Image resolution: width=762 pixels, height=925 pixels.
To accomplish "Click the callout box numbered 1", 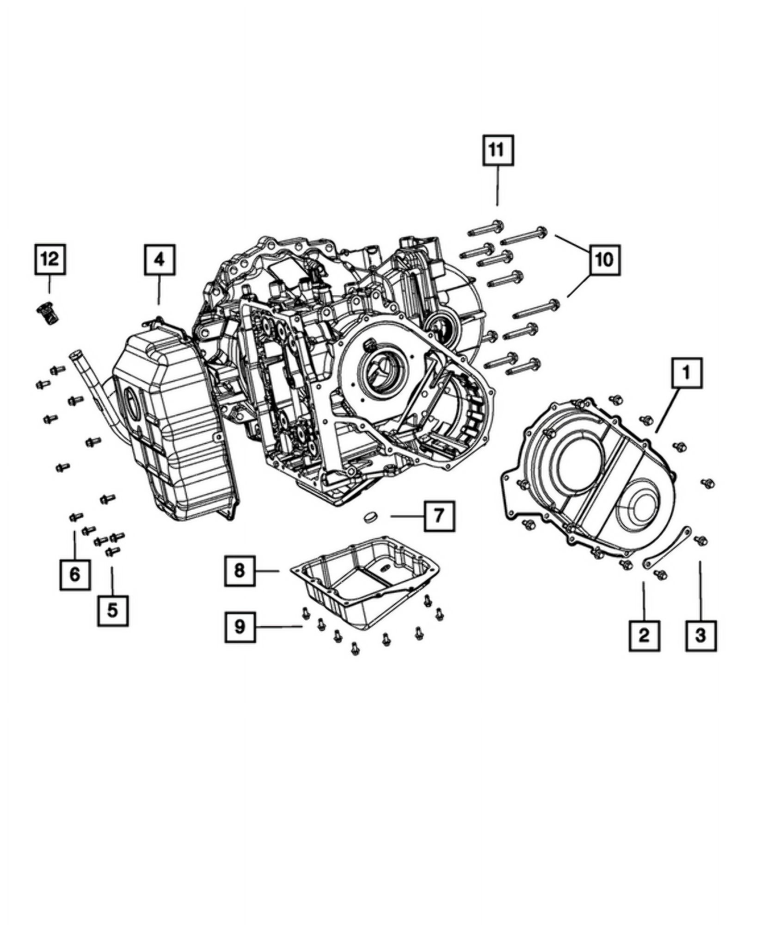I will [x=687, y=373].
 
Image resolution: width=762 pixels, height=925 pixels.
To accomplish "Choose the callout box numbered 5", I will [x=113, y=610].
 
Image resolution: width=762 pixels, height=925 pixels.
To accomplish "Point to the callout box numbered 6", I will [x=75, y=575].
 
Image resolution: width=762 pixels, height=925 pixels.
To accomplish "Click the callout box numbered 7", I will [x=439, y=515].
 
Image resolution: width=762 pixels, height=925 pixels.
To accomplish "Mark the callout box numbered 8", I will [x=240, y=571].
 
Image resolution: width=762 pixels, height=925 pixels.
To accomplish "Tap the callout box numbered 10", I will [x=604, y=259].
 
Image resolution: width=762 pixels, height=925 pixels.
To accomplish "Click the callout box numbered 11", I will [x=498, y=150].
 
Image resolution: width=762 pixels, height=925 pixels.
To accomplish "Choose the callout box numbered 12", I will [x=50, y=259].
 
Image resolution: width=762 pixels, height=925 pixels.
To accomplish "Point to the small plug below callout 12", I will [x=47, y=314].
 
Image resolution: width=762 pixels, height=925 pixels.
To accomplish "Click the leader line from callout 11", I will [x=498, y=187].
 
